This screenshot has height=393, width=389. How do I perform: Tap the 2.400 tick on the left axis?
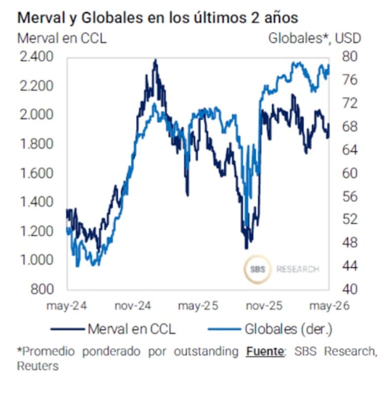[x=36, y=57]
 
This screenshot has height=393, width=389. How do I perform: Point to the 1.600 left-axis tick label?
[x=36, y=173]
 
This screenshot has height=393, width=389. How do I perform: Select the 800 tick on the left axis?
[x=42, y=289]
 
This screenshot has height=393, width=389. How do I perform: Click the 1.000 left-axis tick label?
[x=36, y=260]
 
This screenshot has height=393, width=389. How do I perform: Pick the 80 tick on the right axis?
[x=350, y=57]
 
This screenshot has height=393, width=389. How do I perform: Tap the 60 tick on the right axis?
[x=350, y=173]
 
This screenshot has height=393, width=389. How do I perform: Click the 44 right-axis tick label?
[x=350, y=266]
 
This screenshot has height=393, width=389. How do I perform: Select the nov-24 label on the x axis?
[x=133, y=306]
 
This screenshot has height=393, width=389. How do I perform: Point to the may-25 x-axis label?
[x=198, y=306]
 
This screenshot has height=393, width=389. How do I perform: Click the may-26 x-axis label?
[x=329, y=306]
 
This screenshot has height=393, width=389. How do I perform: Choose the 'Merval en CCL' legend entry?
[x=113, y=329]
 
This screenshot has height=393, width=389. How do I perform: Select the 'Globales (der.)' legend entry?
[x=270, y=329]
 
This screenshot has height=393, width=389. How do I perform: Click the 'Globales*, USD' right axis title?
[x=315, y=38]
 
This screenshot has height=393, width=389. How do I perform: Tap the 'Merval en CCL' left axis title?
[x=62, y=38]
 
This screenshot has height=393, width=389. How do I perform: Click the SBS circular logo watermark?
[x=258, y=269]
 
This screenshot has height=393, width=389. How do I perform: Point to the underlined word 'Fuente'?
[x=265, y=351]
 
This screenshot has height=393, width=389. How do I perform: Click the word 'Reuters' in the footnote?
[x=37, y=366]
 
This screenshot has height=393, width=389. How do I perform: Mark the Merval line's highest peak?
[x=156, y=60]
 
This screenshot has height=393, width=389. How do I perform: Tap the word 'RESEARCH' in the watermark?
[x=298, y=269]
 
